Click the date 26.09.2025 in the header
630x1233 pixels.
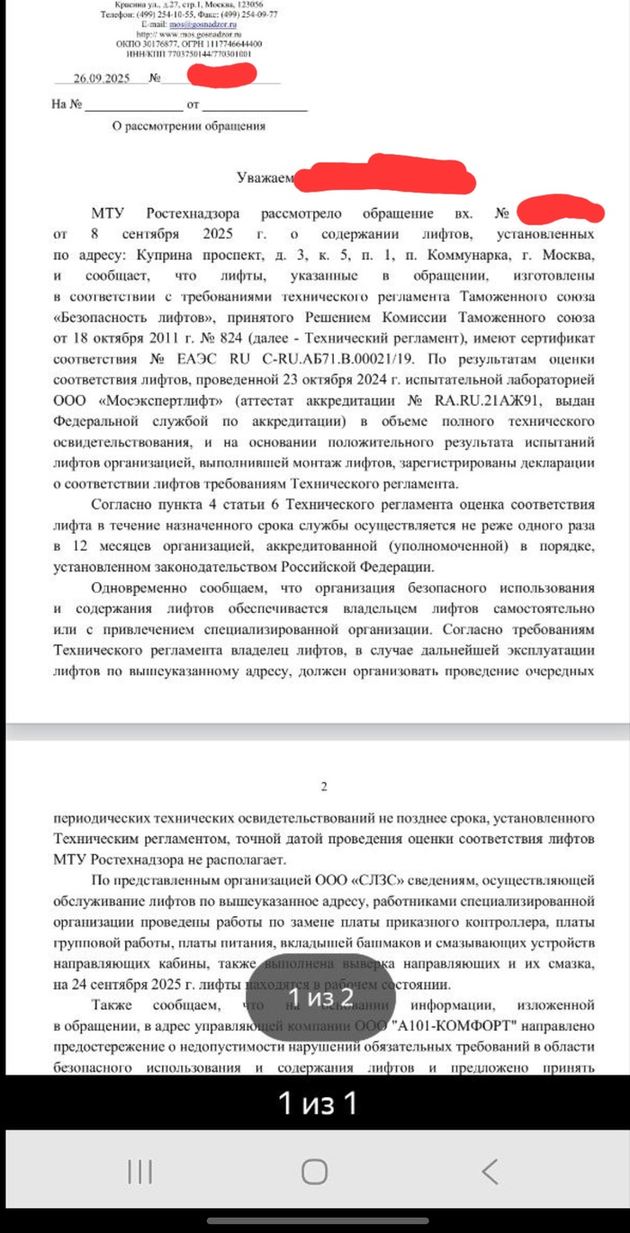point(104,78)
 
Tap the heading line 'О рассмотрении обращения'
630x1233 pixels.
point(188,127)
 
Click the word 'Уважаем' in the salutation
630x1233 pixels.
point(265,178)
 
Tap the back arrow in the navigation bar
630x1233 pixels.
point(489,1171)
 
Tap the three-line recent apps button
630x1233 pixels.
point(139,1171)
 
